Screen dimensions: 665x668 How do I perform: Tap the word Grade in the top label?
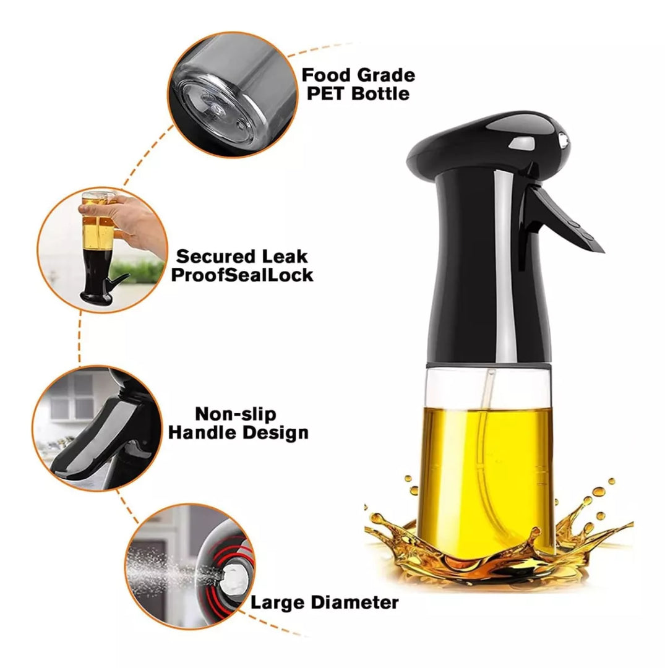(387, 75)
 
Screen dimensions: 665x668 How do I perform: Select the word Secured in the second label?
(215, 257)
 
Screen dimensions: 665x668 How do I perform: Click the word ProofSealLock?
(242, 275)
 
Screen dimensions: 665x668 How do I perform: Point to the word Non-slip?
(236, 414)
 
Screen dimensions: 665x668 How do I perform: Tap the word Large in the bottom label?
(278, 603)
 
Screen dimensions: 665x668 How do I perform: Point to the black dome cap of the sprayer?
(488, 140)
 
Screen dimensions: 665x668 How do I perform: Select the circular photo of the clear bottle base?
(233, 95)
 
